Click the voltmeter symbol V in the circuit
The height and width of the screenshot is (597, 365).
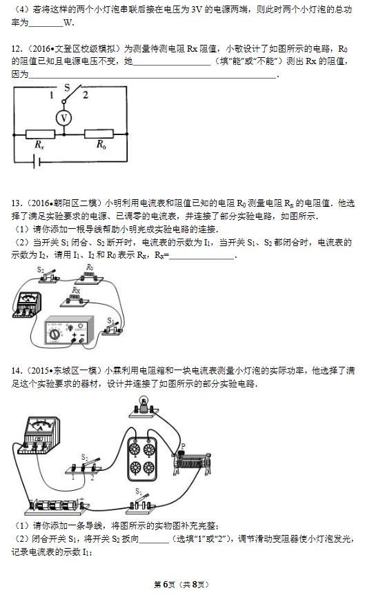(63, 118)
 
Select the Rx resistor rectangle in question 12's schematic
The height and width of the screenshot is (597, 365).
(41, 134)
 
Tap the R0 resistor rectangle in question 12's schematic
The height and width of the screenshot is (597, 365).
(99, 134)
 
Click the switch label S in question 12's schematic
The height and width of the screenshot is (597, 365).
(67, 88)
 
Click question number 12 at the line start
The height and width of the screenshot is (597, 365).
(16, 49)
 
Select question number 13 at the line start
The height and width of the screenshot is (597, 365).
(16, 203)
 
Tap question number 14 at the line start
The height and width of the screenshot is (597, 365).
(16, 370)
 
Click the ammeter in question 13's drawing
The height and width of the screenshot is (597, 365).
(27, 304)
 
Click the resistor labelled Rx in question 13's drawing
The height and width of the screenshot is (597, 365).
(75, 300)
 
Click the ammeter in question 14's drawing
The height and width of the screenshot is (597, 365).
(39, 435)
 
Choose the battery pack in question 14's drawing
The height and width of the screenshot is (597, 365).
(58, 505)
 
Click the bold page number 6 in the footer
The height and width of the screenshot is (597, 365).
(166, 585)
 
